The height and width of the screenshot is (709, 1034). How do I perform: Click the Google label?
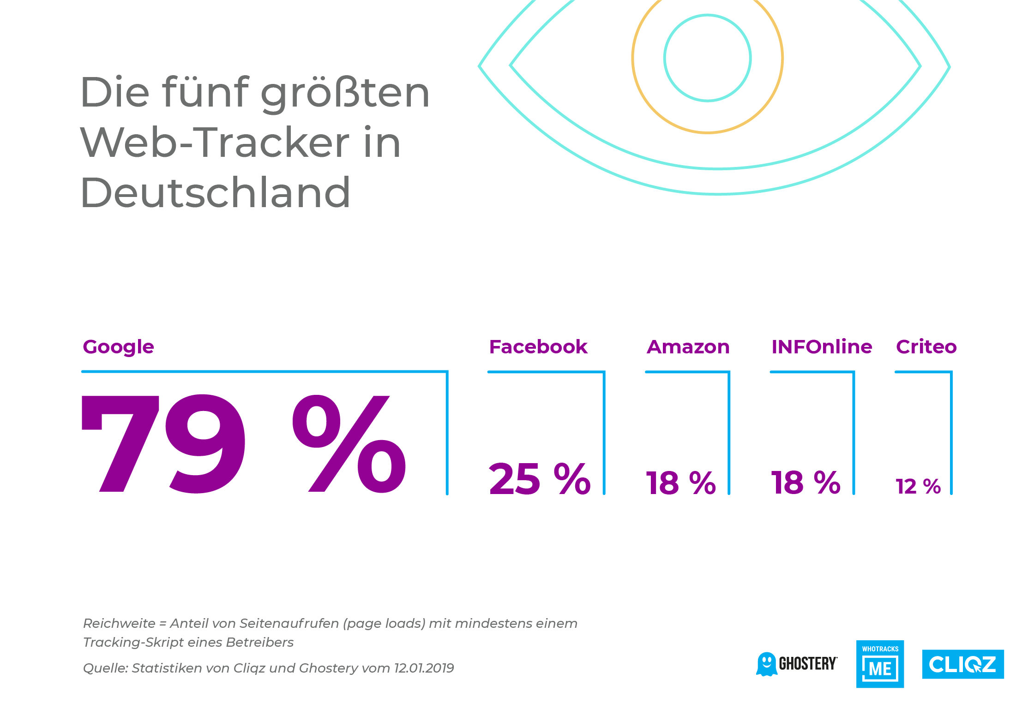coord(118,347)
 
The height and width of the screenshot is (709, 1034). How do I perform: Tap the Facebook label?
coord(538,347)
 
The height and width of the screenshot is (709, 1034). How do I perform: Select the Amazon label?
coord(688,347)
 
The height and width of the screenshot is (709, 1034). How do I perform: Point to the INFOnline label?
coord(822,347)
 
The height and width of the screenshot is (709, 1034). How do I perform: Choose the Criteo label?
coord(926,347)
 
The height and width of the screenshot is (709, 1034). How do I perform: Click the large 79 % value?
coord(244,444)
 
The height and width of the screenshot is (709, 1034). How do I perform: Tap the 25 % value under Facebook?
coord(540,480)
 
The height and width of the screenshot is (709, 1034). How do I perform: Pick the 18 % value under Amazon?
coord(681,483)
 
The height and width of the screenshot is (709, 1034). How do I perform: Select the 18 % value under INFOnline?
coord(806,483)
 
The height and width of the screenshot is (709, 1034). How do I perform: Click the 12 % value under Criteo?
coord(918,487)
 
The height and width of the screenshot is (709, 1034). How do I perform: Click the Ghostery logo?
coord(796,664)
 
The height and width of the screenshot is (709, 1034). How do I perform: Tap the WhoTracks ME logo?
coord(880,664)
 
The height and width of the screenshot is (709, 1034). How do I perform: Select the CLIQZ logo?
coord(963,664)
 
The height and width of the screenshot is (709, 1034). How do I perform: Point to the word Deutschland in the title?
coord(215,193)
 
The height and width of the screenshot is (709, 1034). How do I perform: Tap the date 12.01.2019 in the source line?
coord(424,668)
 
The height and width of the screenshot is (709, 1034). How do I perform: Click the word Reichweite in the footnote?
coord(119,623)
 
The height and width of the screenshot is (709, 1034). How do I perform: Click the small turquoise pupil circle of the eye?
coord(707,58)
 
